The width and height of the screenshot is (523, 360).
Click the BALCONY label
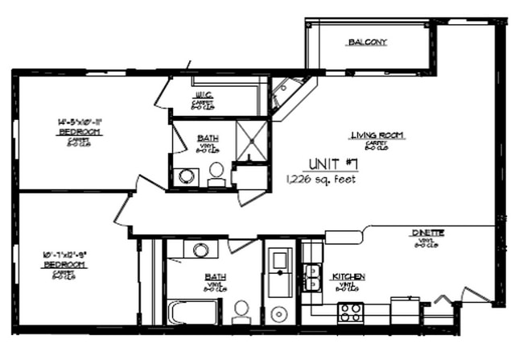click(367, 42)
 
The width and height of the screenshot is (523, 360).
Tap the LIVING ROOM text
click(377, 134)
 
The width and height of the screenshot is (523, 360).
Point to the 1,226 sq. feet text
click(321, 179)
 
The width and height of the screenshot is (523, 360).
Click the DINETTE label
click(428, 233)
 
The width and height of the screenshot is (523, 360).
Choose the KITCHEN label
click(348, 277)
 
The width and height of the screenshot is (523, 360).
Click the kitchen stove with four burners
click(350, 311)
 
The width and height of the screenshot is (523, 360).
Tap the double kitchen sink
click(311, 277)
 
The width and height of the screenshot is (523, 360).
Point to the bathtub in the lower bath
click(191, 311)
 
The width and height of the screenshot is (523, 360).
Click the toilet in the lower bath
click(241, 311)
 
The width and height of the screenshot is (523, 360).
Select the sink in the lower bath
click(200, 249)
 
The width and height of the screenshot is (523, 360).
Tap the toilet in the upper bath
click(216, 173)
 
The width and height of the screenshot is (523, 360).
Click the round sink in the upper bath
click(186, 176)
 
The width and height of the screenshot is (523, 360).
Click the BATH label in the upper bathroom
click(207, 139)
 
